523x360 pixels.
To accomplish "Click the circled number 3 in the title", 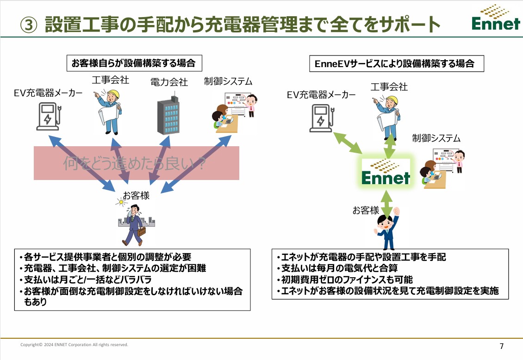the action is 29,25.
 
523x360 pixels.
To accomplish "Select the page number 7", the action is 502,346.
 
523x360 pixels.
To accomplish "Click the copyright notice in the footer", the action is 74,345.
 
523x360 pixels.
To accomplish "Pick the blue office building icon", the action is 168,115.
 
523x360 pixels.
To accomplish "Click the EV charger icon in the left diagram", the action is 49,116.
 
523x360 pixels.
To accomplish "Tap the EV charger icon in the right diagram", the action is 322,118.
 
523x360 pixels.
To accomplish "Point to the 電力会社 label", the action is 169,82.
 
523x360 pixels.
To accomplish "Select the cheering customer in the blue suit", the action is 387,229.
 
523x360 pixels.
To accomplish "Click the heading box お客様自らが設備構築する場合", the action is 134,63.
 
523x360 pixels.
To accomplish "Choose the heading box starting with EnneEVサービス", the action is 397,64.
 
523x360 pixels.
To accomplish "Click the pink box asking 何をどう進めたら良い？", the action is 137,163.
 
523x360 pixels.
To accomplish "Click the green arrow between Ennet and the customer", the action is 386,204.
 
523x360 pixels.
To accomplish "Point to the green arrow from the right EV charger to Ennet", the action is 348,143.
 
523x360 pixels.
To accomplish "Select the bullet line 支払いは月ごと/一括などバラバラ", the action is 86,279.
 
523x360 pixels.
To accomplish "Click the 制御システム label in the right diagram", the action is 436,138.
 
